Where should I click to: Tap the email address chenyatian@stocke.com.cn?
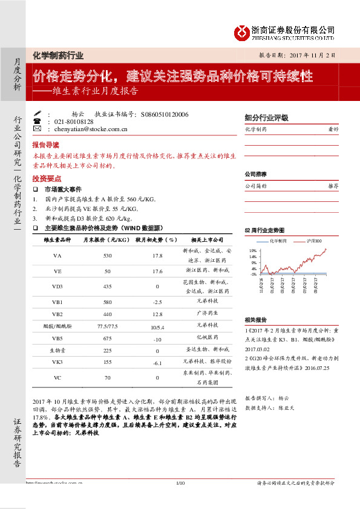pos(91,129)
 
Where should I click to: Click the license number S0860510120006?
pos(164,114)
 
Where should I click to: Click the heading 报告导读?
pos(45,146)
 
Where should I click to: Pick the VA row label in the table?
pos(57,255)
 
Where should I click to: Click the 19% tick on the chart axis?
pos(252,249)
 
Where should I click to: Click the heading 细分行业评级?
pos(266,118)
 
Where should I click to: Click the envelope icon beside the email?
pos(37,129)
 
